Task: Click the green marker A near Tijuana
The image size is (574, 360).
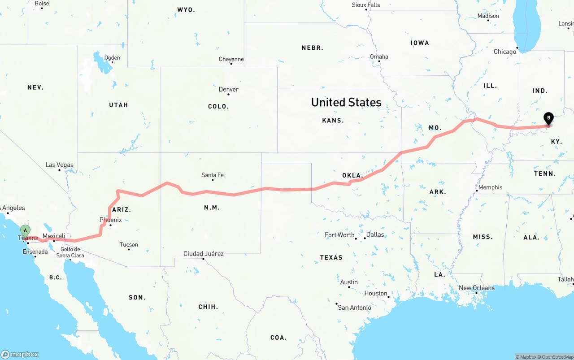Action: point(26,231)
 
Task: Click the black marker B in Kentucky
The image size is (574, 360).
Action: point(548,118)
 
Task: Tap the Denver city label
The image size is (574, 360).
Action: point(228,89)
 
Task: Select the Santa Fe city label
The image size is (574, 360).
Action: point(213,175)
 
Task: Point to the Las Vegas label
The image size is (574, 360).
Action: point(59,165)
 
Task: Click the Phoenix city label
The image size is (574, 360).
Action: point(110,220)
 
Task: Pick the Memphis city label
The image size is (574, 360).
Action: point(490,187)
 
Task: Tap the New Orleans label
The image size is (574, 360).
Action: point(477,288)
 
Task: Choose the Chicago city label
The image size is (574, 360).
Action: point(505,52)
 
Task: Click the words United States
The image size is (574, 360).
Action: point(346,102)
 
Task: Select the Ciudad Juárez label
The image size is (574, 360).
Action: point(204,254)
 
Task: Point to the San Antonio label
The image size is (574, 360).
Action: point(354,308)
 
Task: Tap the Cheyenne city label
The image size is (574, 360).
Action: point(231,59)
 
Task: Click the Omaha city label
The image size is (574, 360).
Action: point(379,56)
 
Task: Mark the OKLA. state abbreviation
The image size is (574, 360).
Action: point(352,175)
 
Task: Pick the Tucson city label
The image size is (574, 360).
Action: point(129,245)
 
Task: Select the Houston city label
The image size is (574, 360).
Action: point(376,294)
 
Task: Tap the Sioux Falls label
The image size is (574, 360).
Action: point(366,5)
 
